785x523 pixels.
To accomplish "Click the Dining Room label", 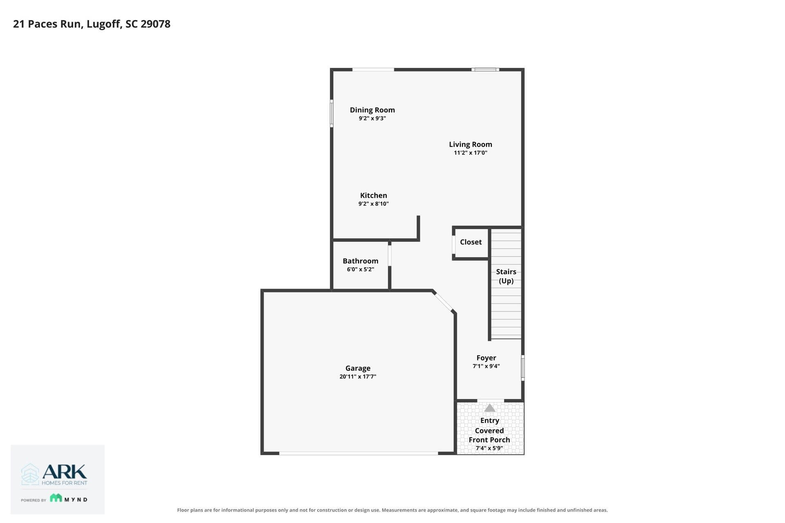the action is (x=372, y=110).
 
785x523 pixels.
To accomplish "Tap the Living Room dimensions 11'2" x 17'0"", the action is (x=471, y=153).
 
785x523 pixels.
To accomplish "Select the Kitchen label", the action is (x=373, y=195).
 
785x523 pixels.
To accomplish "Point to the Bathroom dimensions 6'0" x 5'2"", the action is (x=360, y=269).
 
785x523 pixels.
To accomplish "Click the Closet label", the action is (x=471, y=242).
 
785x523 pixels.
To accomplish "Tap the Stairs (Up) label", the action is (x=506, y=276).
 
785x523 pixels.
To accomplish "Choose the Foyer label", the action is (x=486, y=358).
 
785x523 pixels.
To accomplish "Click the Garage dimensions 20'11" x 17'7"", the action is (x=358, y=377).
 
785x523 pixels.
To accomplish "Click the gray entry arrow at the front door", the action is (x=489, y=408).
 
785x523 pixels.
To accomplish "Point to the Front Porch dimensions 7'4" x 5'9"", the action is (x=489, y=448).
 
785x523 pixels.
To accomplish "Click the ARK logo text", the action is (x=65, y=472).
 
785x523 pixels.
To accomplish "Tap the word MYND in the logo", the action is (x=76, y=499).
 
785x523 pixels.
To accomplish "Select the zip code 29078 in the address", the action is (x=155, y=24).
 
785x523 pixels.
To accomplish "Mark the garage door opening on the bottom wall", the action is (x=359, y=453).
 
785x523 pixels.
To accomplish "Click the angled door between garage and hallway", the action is (x=444, y=302).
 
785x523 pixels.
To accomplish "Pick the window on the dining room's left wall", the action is (x=332, y=113).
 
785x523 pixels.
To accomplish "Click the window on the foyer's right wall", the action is (x=523, y=368).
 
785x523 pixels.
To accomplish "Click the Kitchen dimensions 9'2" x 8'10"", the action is (x=373, y=204).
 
